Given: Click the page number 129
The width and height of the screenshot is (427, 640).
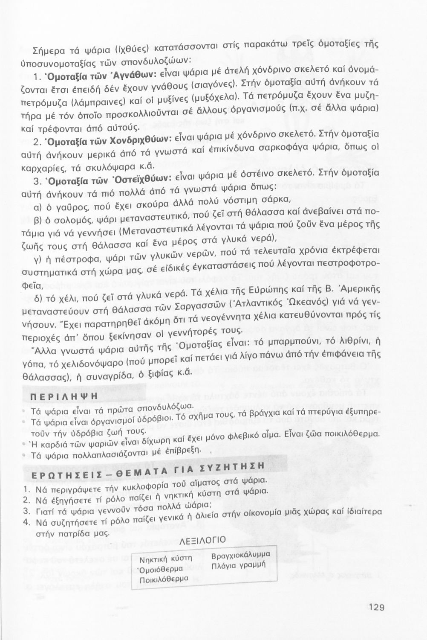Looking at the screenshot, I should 375,607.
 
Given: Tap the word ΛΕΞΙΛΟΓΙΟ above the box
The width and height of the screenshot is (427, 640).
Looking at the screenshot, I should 203,541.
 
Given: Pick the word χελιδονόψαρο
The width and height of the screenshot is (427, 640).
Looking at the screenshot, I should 96,364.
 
